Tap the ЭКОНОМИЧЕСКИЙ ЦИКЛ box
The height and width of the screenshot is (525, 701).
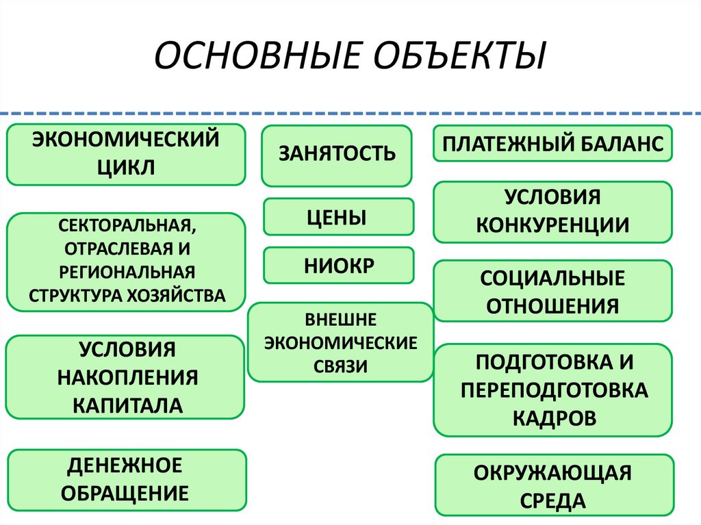126,154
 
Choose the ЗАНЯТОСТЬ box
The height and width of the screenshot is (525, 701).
337,155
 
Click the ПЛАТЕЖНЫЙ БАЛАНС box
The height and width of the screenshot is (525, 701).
552,144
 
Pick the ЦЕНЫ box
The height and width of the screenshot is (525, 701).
338,217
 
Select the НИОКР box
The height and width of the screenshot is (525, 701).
338,266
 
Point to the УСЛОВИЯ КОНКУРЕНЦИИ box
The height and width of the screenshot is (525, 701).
552,212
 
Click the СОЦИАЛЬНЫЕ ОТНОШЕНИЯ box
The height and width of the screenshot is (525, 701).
552,291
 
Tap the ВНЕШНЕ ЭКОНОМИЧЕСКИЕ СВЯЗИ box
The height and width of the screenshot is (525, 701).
340,342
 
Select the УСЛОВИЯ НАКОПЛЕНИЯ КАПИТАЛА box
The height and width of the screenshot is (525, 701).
125,376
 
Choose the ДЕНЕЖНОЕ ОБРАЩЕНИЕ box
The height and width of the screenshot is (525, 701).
125,479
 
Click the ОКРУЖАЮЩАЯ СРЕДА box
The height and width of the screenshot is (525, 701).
554,486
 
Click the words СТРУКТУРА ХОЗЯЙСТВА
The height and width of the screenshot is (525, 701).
126,296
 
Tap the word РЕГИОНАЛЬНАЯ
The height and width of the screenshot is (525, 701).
126,272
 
